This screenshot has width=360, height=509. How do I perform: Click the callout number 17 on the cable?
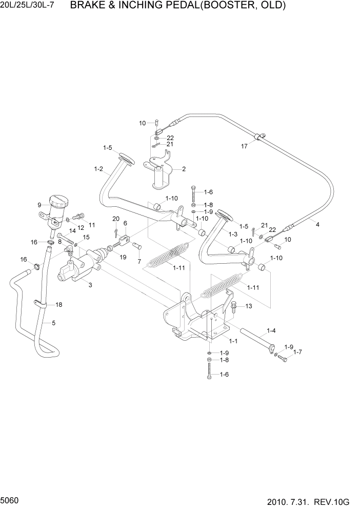click(245, 146)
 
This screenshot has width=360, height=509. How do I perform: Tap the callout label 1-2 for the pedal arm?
click(98, 169)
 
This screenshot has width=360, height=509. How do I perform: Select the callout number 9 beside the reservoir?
click(39, 205)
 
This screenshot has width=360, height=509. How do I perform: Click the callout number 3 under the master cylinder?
click(90, 285)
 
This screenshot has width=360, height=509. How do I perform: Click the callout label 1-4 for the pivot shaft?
click(271, 331)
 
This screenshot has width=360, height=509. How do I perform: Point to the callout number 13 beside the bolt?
click(249, 306)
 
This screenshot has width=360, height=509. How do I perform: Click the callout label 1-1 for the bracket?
click(232, 341)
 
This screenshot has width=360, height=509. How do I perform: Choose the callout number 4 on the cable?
click(317, 224)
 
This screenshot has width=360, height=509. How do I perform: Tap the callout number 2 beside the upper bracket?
click(184, 169)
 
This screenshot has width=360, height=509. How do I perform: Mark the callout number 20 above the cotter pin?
click(115, 219)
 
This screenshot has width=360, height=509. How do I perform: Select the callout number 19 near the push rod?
click(123, 257)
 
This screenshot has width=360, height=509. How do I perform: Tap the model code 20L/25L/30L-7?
click(31, 6)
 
